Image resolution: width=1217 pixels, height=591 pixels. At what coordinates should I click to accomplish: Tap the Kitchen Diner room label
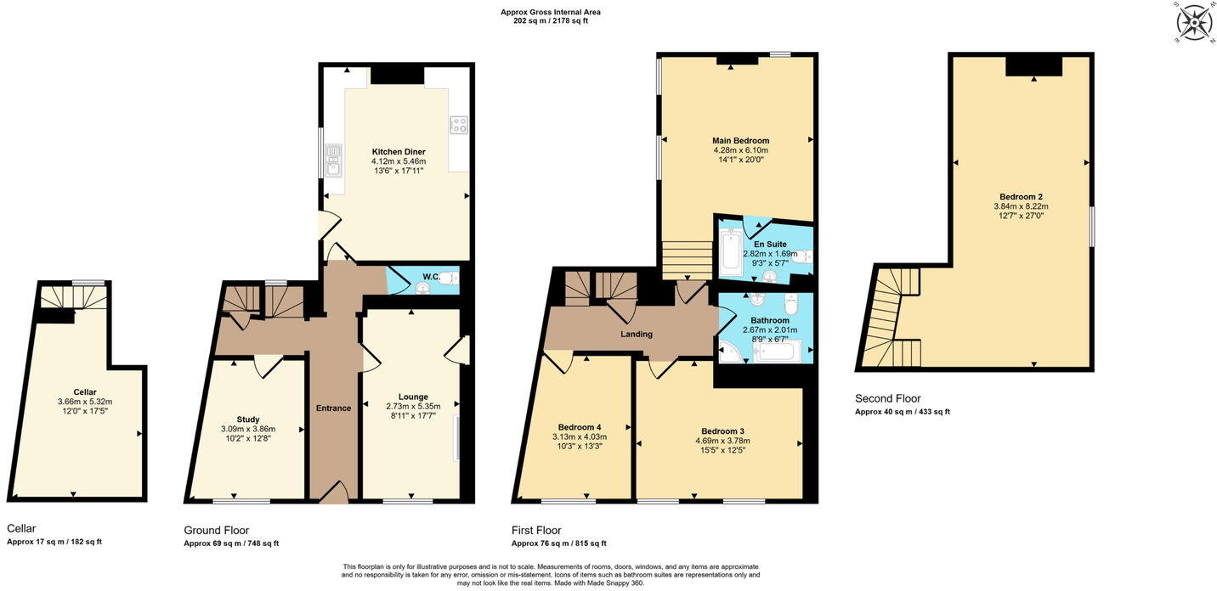398,152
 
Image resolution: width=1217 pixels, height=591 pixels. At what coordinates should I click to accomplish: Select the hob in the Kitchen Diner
458,126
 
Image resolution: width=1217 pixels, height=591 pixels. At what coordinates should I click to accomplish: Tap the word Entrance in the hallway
333,408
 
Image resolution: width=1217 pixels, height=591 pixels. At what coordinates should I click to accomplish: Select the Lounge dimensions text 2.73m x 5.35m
413,407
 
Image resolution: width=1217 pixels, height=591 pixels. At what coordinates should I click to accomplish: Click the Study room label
247,419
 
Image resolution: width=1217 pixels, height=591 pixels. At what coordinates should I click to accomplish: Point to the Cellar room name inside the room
85,392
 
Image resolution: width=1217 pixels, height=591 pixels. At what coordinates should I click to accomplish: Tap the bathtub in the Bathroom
777,352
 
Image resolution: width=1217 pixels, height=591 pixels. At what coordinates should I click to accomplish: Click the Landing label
636,335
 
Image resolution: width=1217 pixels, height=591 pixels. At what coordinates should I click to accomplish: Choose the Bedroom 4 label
580,427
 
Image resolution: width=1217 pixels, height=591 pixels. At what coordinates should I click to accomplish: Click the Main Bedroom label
740,141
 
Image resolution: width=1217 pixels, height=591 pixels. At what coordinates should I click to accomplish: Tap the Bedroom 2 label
1021,197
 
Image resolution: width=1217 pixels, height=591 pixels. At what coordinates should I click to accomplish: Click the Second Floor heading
887,398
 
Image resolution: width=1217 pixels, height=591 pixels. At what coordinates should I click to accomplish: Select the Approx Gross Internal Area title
550,12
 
